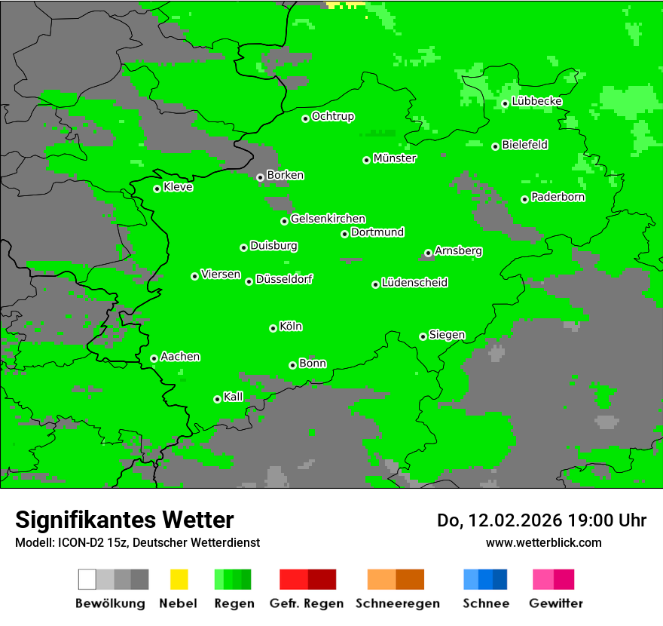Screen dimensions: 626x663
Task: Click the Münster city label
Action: [395, 158]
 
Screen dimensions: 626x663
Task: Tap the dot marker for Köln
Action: [273, 328]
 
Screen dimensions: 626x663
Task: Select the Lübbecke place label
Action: [536, 101]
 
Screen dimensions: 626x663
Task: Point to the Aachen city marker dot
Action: [154, 358]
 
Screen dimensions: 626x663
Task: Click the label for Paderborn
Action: [558, 197]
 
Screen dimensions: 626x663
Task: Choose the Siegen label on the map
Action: [447, 335]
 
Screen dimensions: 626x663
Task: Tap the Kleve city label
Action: [178, 187]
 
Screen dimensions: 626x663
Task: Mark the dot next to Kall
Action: [218, 399]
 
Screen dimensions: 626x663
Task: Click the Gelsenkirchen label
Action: [328, 219]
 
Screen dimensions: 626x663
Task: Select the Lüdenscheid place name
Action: [414, 283]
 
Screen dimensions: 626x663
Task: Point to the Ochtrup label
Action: [332, 116]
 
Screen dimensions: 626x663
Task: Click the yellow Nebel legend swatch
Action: [179, 579]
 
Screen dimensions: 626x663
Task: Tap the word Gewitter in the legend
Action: [555, 603]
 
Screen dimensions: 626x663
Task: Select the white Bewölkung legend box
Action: [87, 579]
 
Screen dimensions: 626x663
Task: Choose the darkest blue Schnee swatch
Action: [500, 579]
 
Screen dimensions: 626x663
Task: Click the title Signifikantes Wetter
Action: [124, 520]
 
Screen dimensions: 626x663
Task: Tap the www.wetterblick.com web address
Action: [543, 542]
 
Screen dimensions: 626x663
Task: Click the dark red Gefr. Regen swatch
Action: [322, 579]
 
